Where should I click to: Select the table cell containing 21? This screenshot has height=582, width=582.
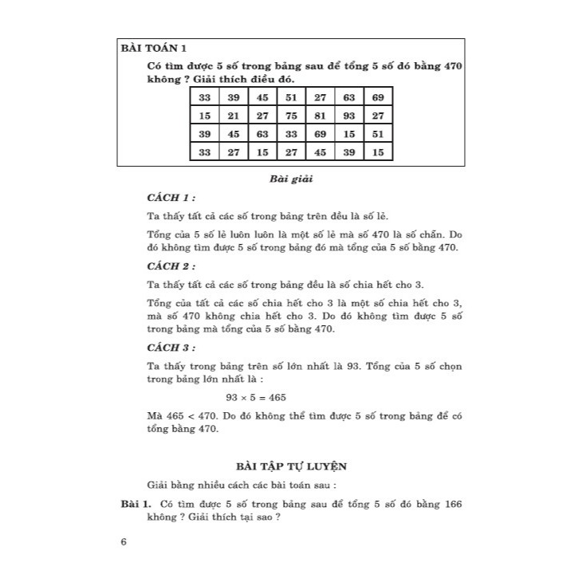234,116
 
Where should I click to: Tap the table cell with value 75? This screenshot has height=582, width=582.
292,116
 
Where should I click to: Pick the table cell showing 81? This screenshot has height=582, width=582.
320,116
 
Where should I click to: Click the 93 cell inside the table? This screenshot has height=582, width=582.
349,116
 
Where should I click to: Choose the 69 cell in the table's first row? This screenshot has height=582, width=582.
378,97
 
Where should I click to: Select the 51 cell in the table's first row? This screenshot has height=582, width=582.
292,97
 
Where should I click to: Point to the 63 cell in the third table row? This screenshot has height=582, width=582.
262,134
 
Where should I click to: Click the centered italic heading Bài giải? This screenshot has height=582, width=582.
291,179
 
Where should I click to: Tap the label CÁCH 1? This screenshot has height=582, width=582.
171,197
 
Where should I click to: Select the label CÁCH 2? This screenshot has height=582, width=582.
171,266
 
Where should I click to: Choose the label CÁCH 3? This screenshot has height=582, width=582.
171,348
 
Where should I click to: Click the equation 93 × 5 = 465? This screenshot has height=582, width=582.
256,397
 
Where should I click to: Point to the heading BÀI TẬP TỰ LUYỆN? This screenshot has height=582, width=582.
290,465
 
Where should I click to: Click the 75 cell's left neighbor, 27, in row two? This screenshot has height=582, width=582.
262,116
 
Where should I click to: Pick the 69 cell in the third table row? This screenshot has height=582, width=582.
320,134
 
